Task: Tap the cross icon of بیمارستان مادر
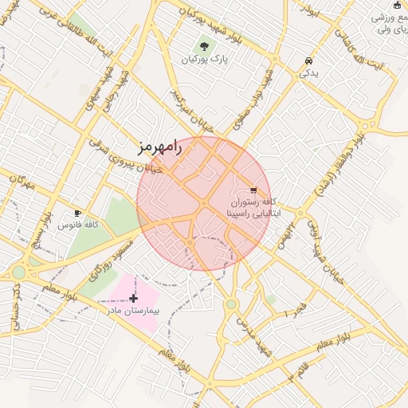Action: coord(133,297)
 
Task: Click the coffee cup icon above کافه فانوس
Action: coord(77,213)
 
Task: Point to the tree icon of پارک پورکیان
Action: coord(205,47)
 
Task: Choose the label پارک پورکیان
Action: coord(205,60)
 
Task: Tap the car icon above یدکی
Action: coord(308,61)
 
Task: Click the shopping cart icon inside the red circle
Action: coord(253,190)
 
